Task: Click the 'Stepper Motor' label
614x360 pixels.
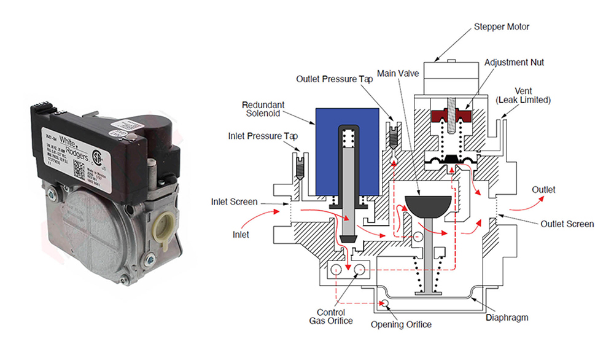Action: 501,27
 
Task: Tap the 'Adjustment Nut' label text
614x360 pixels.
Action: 514,63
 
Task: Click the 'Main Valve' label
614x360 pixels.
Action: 398,74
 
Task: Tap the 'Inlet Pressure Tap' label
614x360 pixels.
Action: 263,135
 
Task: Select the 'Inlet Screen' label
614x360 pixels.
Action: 235,202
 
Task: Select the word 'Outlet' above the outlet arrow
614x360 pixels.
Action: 543,190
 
